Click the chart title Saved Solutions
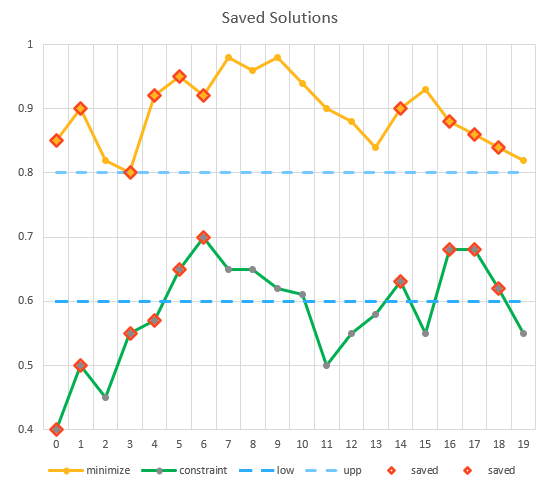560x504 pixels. point(279,18)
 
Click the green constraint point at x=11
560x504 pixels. point(326,365)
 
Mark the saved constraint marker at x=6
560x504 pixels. point(204,237)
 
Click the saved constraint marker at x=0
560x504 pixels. point(56,429)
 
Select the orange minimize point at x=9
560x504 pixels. point(277,57)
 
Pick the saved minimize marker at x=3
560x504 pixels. point(130,172)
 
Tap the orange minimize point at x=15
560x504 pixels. point(425,89)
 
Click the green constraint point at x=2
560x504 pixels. point(105,397)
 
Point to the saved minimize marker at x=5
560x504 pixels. point(179,76)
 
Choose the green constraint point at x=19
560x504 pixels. point(523,333)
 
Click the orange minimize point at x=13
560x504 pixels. point(376,147)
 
